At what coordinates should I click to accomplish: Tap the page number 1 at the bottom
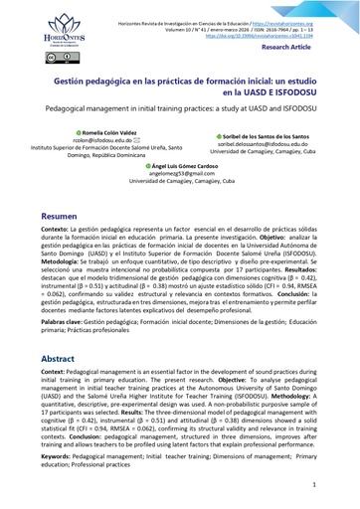341,487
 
